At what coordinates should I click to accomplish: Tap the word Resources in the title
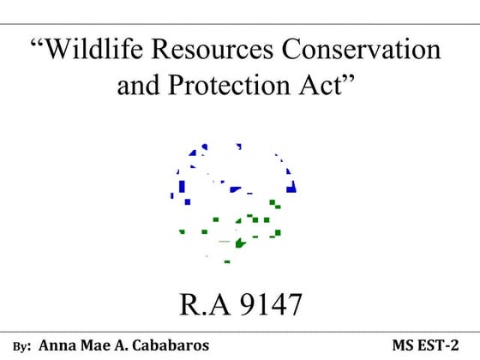[x=206, y=51]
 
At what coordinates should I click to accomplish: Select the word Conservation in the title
[x=359, y=51]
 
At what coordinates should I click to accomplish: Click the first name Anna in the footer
[x=59, y=345]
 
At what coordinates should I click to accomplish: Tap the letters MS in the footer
[x=405, y=345]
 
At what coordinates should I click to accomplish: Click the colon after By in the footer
[x=29, y=348]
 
